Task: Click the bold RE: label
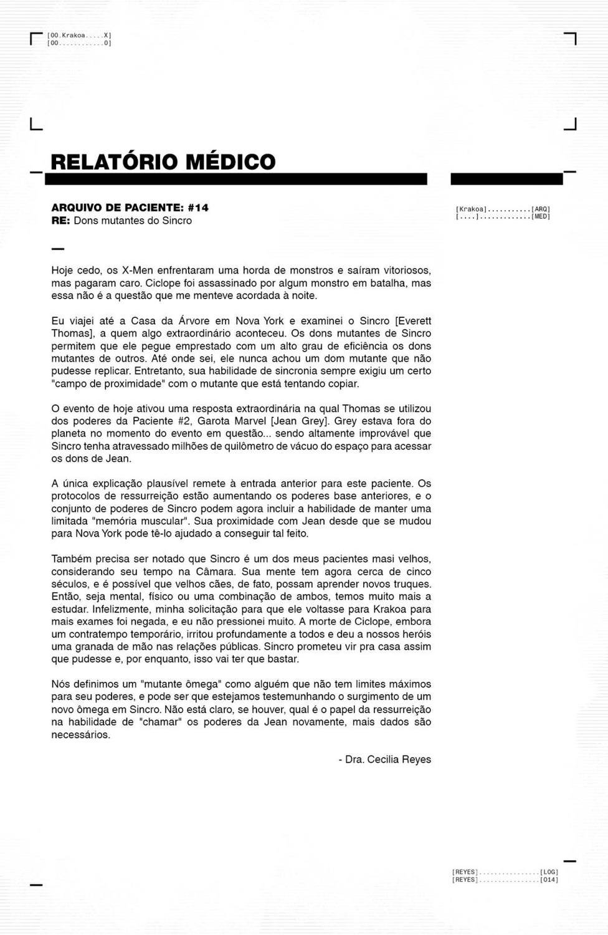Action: click(x=60, y=221)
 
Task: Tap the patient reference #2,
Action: click(x=178, y=421)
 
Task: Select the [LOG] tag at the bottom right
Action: click(x=549, y=871)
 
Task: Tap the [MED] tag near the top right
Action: click(x=541, y=216)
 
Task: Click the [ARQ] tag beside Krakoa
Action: click(x=541, y=209)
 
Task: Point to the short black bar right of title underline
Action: click(x=506, y=180)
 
